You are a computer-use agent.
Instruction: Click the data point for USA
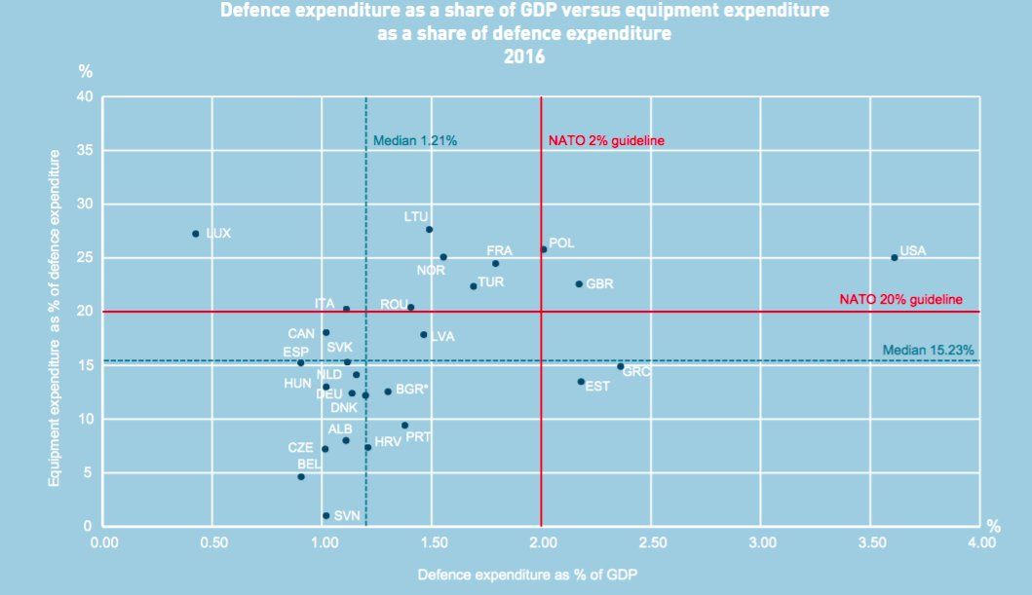point(894,257)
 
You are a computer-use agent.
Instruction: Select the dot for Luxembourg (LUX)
point(196,234)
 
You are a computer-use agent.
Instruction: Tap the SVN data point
point(325,515)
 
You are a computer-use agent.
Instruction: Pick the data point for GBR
point(578,284)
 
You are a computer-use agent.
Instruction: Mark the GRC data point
point(620,366)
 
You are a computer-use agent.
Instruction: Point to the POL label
point(562,242)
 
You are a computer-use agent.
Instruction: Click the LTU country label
point(416,216)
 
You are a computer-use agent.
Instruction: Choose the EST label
point(597,387)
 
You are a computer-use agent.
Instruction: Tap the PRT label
point(418,437)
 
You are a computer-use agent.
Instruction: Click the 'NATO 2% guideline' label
point(606,140)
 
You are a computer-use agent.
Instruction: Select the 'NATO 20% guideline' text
point(900,299)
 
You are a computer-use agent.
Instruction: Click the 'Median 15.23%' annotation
point(928,350)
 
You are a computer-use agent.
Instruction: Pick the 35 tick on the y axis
point(84,150)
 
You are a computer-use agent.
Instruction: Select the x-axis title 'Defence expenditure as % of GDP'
point(528,575)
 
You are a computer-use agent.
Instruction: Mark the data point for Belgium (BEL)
point(301,476)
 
